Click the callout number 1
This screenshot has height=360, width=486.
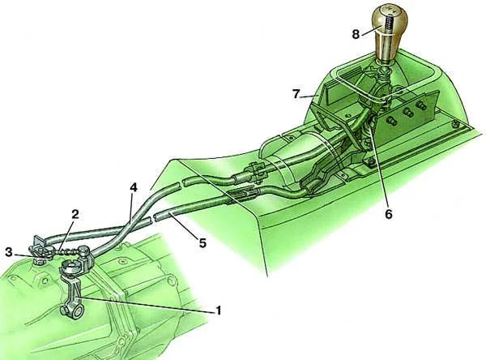[218, 310]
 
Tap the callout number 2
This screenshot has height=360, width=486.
[75, 214]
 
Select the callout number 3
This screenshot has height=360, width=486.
[9, 252]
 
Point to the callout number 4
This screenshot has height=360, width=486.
[134, 187]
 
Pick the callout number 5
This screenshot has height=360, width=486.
[202, 242]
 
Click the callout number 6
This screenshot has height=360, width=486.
[388, 214]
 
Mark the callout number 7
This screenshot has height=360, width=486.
[296, 94]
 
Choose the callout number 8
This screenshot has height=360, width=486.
[356, 34]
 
